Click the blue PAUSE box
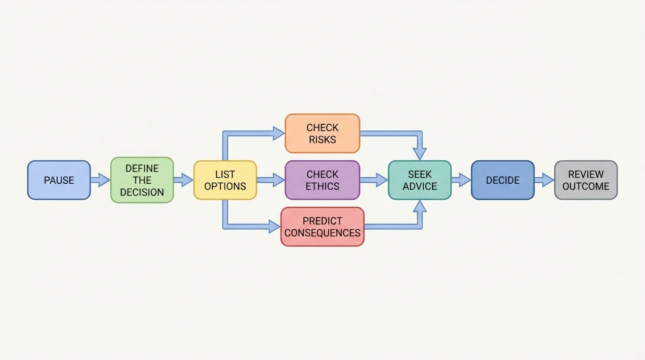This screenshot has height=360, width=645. tap(59, 180)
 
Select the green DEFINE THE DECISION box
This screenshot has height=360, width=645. tap(142, 180)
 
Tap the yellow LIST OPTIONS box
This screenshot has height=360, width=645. tap(225, 180)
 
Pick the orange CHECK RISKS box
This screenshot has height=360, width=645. tap(322, 133)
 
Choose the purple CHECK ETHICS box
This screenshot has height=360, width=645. tap(322, 180)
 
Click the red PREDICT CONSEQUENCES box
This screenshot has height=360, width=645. tap(322, 226)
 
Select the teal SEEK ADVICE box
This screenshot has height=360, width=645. tap(420, 180)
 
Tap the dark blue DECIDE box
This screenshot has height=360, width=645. tap(502, 180)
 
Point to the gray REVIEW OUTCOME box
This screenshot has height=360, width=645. tap(586, 180)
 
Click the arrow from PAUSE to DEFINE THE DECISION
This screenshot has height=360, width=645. tap(100, 180)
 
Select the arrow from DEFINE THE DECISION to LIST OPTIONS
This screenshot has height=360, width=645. tap(183, 180)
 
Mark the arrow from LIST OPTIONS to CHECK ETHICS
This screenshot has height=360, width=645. tap(271, 180)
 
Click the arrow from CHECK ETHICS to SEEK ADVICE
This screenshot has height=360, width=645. tap(374, 180)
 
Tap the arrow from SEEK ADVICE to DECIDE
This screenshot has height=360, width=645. tap(461, 180)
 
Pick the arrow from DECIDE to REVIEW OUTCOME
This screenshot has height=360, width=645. tap(544, 180)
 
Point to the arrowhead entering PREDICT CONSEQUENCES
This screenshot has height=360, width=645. tap(274, 226)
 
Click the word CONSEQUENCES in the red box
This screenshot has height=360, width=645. tap(322, 233)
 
